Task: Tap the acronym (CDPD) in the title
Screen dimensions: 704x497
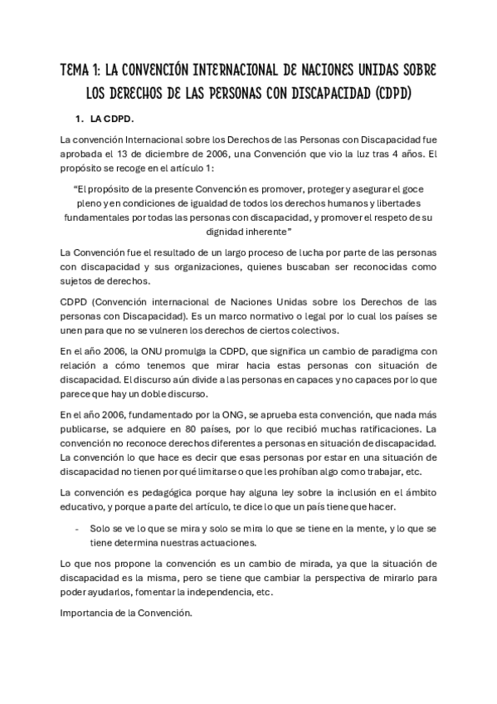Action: [x=388, y=92]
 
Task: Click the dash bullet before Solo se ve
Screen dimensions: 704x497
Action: [x=77, y=528]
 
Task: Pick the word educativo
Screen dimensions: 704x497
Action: [x=86, y=506]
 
